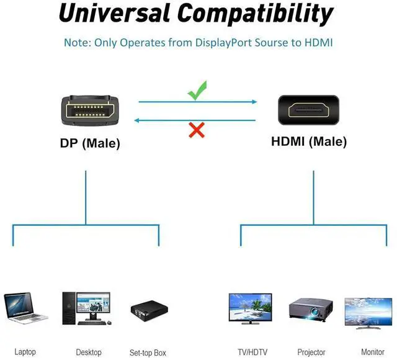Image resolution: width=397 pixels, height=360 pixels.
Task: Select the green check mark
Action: [x=197, y=92]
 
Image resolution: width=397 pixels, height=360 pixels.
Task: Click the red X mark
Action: [x=197, y=130]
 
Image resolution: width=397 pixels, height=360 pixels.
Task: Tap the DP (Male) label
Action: [x=90, y=143]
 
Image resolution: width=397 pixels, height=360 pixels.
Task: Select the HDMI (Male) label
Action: [x=309, y=142]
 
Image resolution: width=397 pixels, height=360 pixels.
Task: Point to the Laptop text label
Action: [x=25, y=352]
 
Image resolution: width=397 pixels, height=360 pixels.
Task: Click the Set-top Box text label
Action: [x=148, y=353]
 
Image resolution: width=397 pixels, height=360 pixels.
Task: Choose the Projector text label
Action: [x=311, y=353]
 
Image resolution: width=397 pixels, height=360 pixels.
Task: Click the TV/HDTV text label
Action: [x=252, y=353]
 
